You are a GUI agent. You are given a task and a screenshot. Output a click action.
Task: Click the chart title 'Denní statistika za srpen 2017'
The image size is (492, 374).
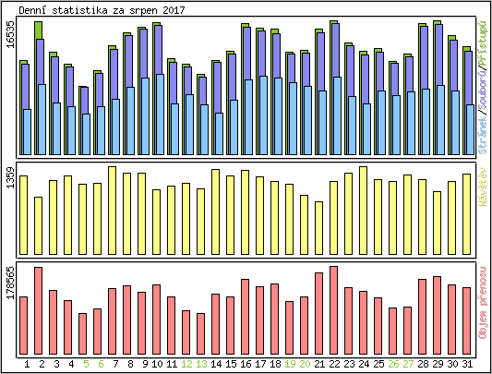90,9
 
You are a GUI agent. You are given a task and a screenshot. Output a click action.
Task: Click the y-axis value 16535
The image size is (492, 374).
9,46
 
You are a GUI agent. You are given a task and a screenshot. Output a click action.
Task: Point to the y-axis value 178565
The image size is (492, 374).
9,284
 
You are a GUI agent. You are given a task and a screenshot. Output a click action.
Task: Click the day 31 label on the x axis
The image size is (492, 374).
467,364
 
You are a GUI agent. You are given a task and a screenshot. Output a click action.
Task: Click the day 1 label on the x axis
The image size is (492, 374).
24,364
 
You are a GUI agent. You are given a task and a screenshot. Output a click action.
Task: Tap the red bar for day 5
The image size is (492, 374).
83,334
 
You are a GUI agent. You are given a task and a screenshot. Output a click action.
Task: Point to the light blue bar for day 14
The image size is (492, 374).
219,134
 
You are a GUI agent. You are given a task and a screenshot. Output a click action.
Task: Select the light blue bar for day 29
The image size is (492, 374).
438,120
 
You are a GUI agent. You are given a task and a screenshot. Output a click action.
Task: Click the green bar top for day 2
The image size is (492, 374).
39,30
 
